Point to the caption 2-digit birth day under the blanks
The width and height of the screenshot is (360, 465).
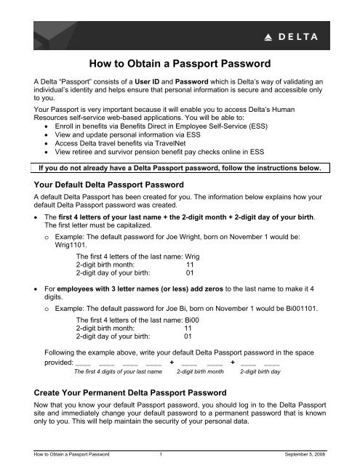point(261,370)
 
